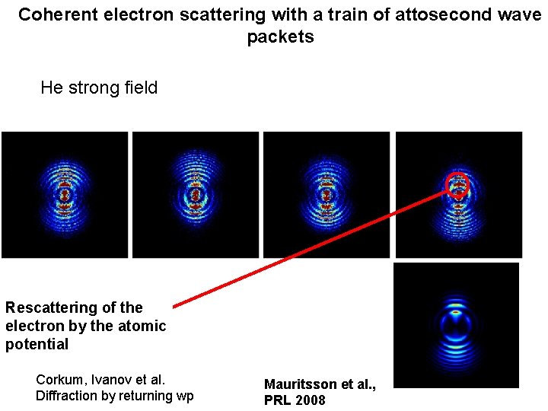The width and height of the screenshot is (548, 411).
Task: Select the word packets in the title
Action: (x=280, y=37)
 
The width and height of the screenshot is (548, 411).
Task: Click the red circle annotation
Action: (x=457, y=185)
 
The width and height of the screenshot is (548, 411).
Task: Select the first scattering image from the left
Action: (x=65, y=195)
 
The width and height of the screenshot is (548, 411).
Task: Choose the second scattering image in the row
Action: (x=196, y=195)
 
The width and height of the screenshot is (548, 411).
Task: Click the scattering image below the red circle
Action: (x=456, y=325)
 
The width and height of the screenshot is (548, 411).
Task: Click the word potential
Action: (x=37, y=344)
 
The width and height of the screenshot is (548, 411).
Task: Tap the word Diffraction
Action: (x=66, y=396)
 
